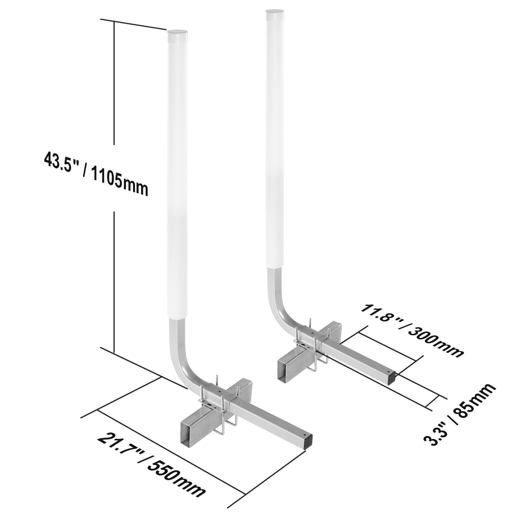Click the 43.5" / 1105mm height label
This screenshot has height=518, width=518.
(96, 174)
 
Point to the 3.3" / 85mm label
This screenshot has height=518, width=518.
(460, 414)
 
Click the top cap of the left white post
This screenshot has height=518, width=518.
(178, 35)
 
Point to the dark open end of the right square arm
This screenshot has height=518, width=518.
(394, 378)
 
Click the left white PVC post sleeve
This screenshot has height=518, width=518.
(178, 173)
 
